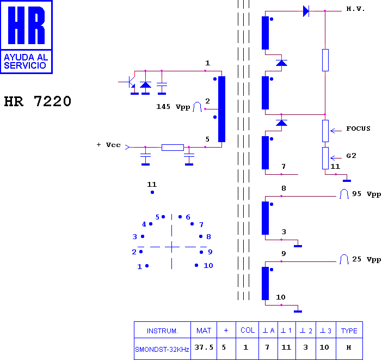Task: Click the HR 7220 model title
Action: click(x=38, y=101)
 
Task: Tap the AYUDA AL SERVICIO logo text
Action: click(x=26, y=61)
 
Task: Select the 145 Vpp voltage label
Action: click(x=173, y=107)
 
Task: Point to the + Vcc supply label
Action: click(x=108, y=145)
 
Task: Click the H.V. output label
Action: click(x=355, y=9)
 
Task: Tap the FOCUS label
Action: click(x=358, y=129)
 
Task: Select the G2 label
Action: click(x=351, y=156)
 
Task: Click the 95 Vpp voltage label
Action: click(x=366, y=194)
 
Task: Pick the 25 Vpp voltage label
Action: click(x=366, y=259)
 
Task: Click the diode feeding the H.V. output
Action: click(x=306, y=11)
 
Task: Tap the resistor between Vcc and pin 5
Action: click(x=172, y=147)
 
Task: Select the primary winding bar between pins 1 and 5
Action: click(x=221, y=109)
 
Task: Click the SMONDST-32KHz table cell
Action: click(x=162, y=350)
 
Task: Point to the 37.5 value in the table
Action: click(x=204, y=347)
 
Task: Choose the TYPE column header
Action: click(x=349, y=331)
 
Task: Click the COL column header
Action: click(x=248, y=330)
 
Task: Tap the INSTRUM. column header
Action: click(x=162, y=331)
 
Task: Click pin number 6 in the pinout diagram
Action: click(x=188, y=217)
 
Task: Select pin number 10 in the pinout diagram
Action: click(x=208, y=265)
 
